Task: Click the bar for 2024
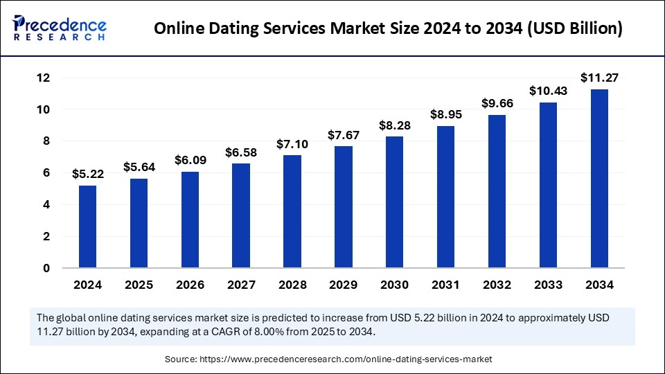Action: coord(87,226)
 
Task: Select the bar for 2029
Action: coord(344,207)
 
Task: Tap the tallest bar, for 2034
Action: coord(599,179)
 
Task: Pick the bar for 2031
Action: coord(445,197)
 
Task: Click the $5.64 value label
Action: coord(139,167)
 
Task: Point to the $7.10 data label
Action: coord(292,143)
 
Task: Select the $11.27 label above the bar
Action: coord(599,78)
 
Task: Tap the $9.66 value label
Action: coord(497,103)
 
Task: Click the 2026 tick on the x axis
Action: coord(190,285)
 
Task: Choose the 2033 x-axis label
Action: coord(548,285)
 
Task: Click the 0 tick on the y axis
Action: coord(46,268)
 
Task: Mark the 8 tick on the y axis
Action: coord(46,141)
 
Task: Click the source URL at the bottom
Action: coord(344,359)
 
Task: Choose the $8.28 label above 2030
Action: coord(395,125)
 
